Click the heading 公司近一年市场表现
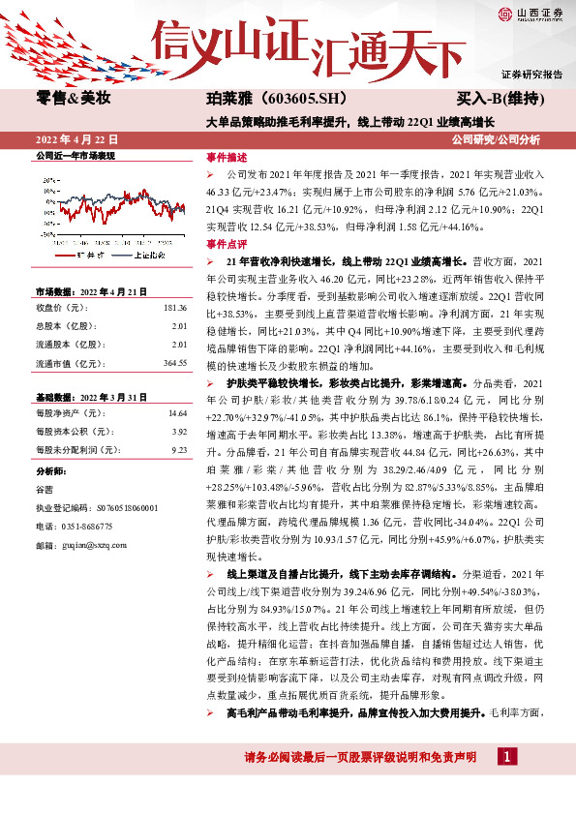coord(76,155)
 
